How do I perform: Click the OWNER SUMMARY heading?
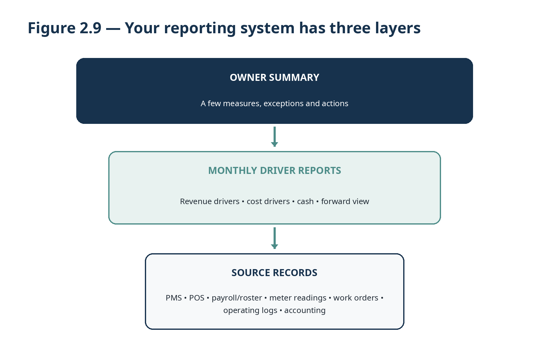point(274,77)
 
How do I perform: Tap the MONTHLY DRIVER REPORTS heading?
point(274,171)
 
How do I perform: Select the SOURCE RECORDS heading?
point(274,273)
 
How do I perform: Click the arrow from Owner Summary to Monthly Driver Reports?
point(274,137)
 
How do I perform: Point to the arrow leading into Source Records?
point(274,238)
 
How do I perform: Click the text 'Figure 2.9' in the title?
point(64,28)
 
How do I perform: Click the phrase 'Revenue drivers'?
point(210,201)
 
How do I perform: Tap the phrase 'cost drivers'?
point(268,201)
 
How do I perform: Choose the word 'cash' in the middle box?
point(305,201)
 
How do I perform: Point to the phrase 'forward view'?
point(345,201)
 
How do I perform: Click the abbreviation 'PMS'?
point(174,298)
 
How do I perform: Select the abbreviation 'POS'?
point(197,298)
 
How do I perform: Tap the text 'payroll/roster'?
point(237,298)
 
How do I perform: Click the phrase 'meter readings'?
point(298,298)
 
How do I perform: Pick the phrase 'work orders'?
point(356,298)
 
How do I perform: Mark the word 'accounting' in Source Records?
point(305,311)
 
